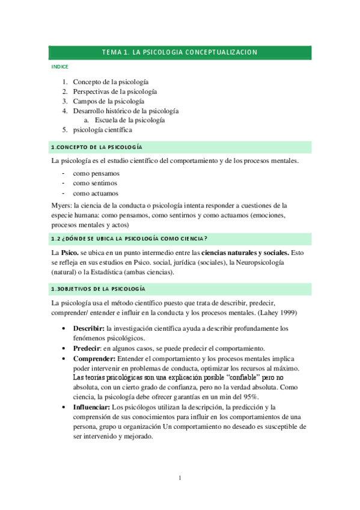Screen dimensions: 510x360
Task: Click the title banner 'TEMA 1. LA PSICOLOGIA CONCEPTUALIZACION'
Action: pos(180,52)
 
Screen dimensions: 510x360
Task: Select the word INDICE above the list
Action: pos(60,67)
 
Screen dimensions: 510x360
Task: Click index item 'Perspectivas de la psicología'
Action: pos(115,91)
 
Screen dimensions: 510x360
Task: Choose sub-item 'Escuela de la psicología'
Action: pos(130,120)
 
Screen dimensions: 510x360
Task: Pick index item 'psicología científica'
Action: pos(102,130)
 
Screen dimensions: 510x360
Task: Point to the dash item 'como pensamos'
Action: pos(96,173)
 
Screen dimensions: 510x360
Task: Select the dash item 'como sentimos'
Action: pos(95,183)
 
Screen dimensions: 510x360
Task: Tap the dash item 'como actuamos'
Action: pos(96,193)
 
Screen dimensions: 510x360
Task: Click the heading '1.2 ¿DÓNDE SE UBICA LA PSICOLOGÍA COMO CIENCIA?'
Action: pos(129,239)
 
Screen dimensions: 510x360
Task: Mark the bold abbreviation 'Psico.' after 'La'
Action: pos(72,253)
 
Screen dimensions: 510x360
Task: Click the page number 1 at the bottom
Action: pos(180,478)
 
